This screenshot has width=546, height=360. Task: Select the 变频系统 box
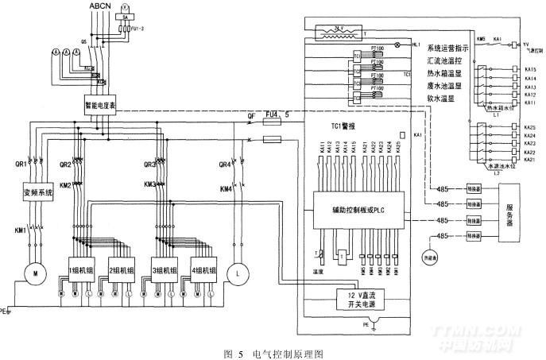[x=37, y=192]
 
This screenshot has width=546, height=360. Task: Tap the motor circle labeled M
[x=35, y=273]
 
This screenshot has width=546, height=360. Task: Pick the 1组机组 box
[x=83, y=269]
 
